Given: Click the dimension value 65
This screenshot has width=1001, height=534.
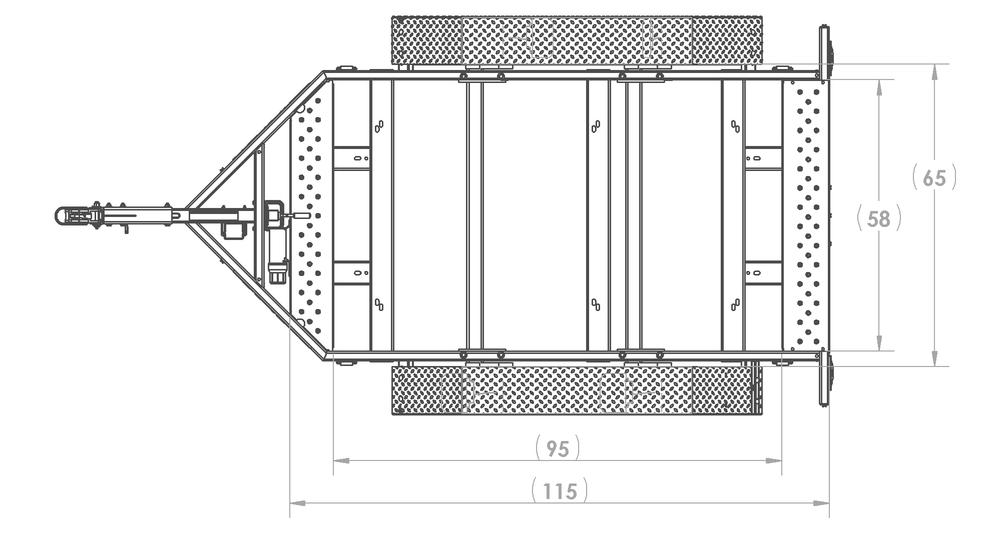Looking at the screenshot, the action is pyautogui.click(x=934, y=178).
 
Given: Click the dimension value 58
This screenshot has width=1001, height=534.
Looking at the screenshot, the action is pyautogui.click(x=879, y=218).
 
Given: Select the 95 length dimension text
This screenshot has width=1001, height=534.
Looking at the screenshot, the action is pyautogui.click(x=557, y=448).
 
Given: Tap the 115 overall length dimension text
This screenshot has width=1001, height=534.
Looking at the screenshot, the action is pyautogui.click(x=559, y=491).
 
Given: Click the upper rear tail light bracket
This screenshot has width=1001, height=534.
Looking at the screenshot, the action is pyautogui.click(x=823, y=52).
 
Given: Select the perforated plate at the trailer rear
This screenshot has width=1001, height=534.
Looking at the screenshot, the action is pyautogui.click(x=806, y=215).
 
